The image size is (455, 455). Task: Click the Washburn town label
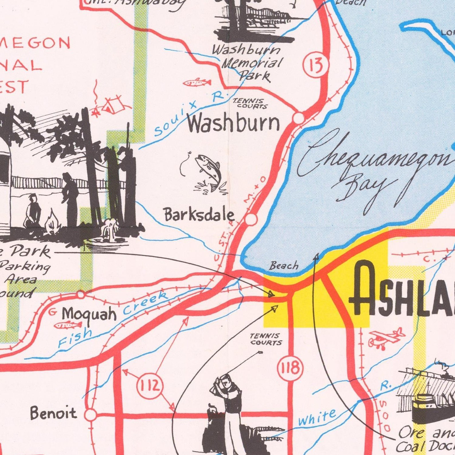pyautogui.click(x=234, y=124)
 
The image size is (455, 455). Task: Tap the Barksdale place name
pyautogui.click(x=199, y=215)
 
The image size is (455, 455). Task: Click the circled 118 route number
pyautogui.click(x=290, y=368)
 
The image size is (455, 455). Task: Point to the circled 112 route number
pyautogui.click(x=150, y=386)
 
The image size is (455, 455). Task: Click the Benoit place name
pyautogui.click(x=54, y=414)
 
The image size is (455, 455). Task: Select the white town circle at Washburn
pyautogui.click(x=299, y=118)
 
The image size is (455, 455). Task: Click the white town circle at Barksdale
pyautogui.click(x=251, y=219)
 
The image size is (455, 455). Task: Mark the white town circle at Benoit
pyautogui.click(x=91, y=415)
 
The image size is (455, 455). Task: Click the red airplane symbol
pyautogui.click(x=386, y=338)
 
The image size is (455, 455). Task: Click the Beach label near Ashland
pyautogui.click(x=284, y=266)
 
